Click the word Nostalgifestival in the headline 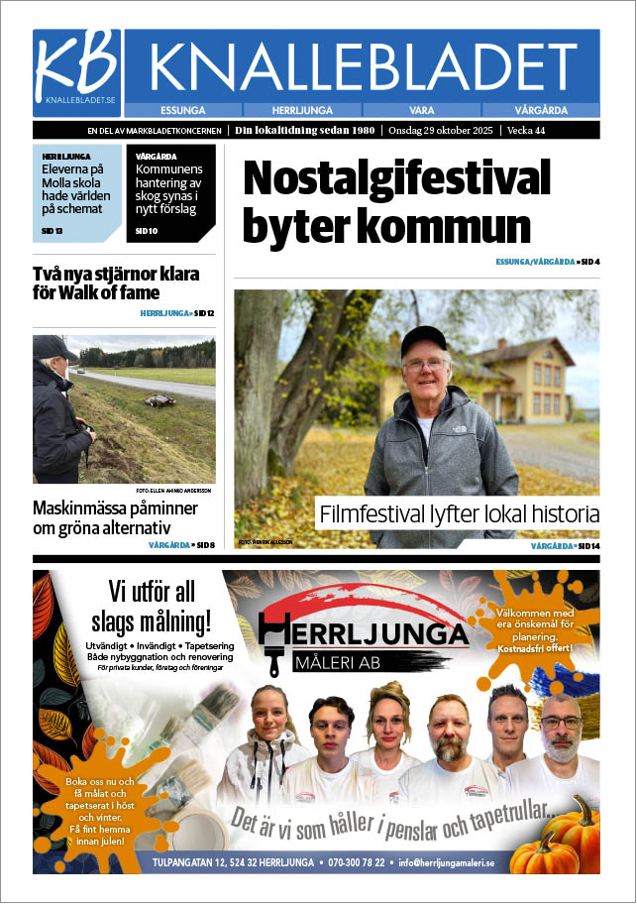coord(396,179)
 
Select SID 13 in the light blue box coord(53,231)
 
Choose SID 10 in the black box coord(146,231)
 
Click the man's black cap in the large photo coord(423,340)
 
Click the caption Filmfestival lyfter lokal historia coord(459,514)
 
